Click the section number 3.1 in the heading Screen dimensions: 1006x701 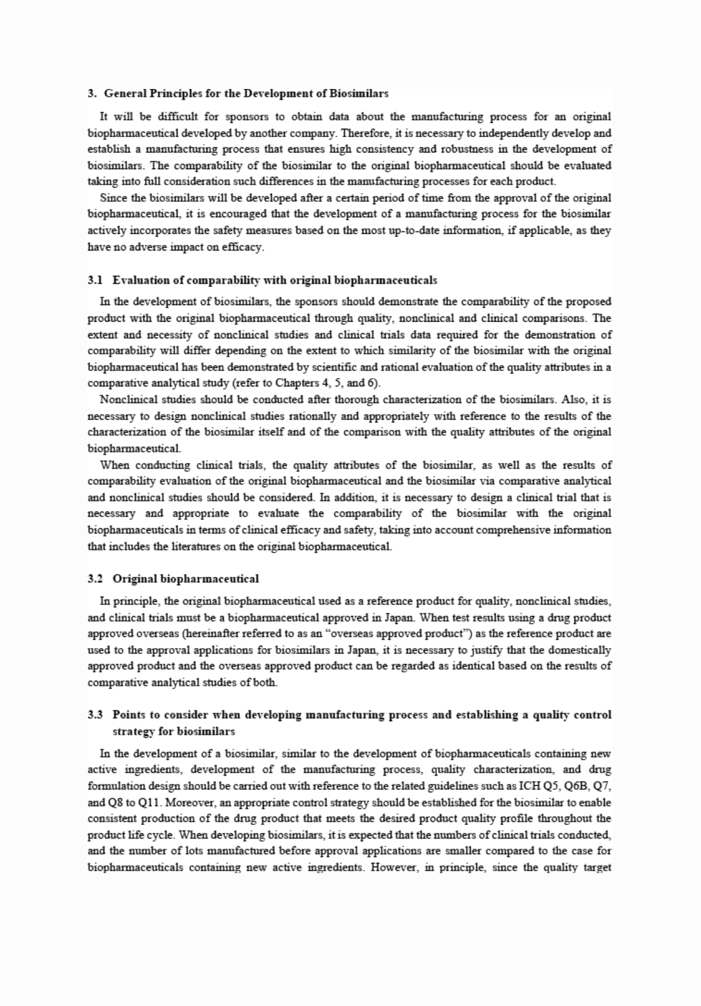tap(95, 280)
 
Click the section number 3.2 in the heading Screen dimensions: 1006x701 tap(95, 578)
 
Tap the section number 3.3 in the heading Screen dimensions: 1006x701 tap(95, 715)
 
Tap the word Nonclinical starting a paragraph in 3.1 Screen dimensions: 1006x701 tap(126, 399)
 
